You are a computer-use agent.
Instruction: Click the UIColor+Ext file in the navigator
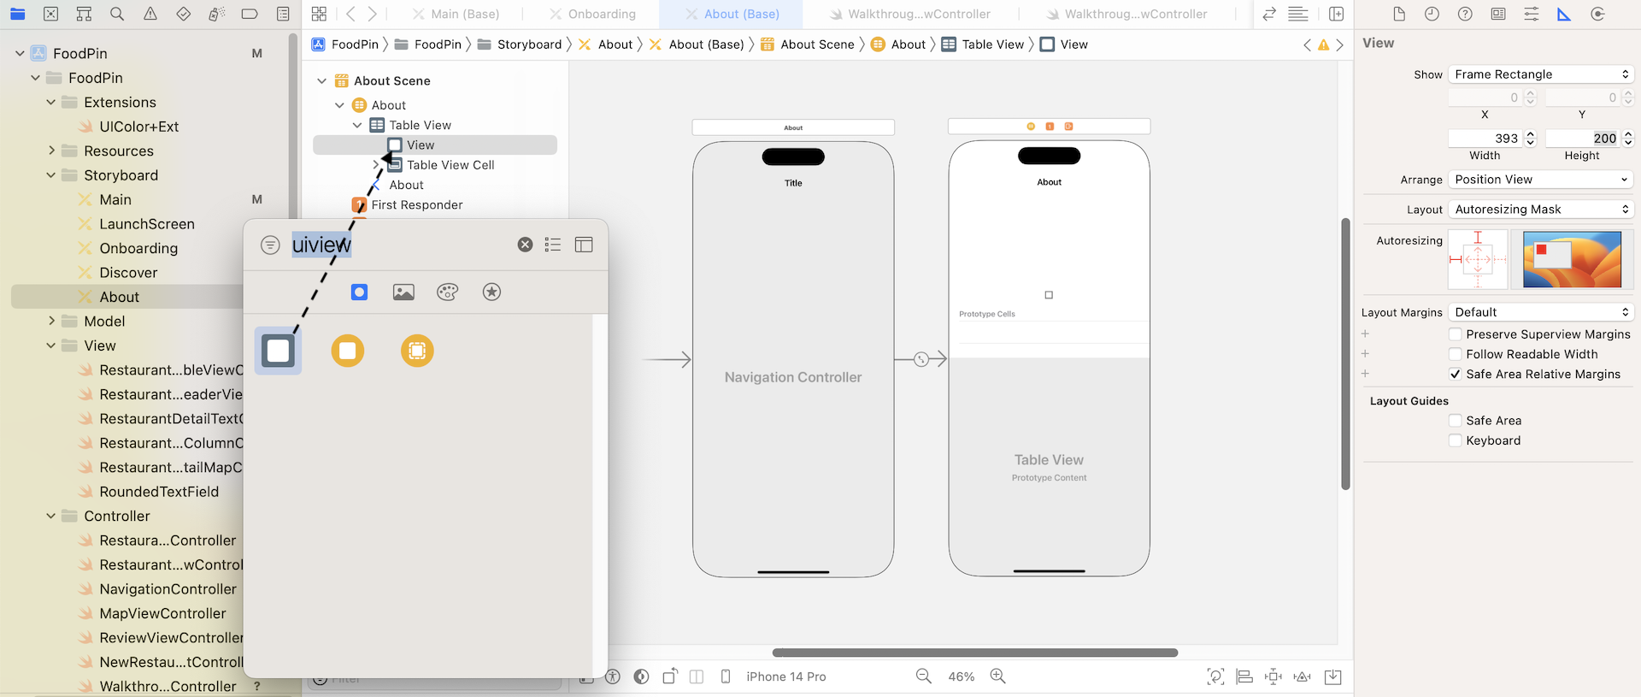(138, 127)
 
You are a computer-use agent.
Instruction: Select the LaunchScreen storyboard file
(146, 224)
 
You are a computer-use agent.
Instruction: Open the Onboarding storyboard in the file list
(138, 248)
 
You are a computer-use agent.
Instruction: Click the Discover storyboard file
(128, 273)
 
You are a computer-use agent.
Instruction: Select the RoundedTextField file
(158, 492)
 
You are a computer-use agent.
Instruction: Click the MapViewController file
(162, 613)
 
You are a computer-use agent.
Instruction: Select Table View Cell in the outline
(450, 165)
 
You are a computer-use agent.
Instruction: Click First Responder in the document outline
(416, 205)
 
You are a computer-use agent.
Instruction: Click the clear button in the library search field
(525, 245)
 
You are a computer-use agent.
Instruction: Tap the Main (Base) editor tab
(464, 15)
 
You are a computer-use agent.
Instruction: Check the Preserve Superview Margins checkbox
(1455, 334)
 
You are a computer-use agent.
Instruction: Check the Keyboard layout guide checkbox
(1455, 440)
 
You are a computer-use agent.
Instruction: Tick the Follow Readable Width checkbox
(1455, 354)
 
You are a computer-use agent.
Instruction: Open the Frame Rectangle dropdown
(1541, 74)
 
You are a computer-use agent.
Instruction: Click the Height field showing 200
(1583, 139)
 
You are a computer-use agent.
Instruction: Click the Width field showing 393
(1485, 139)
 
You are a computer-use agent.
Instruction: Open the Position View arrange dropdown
(1541, 180)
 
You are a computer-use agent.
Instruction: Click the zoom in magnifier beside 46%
(997, 676)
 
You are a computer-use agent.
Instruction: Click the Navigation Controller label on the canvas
(792, 377)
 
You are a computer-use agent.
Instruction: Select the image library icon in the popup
(403, 292)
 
